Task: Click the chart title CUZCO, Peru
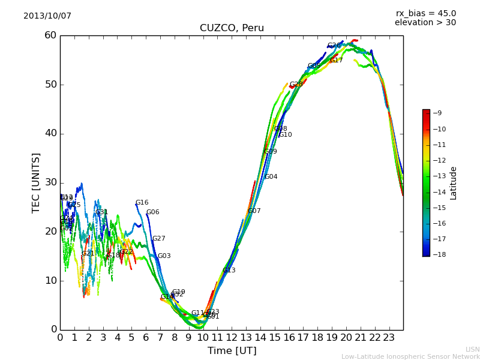[x=232, y=28]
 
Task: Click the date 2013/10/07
[x=47, y=16]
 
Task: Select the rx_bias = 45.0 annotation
[x=425, y=13]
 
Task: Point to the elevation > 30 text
[x=425, y=23]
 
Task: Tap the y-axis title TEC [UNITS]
[x=36, y=182]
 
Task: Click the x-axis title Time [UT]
[x=232, y=351]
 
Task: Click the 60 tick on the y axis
[x=50, y=35]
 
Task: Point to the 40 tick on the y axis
[x=50, y=133]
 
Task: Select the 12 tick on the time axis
[x=232, y=338]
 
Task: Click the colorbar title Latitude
[x=454, y=183]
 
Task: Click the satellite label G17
[x=336, y=61]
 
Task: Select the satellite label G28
[x=296, y=85]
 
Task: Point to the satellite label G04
[x=271, y=177]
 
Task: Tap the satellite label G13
[x=229, y=271]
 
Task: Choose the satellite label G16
[x=142, y=203]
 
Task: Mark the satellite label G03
[x=164, y=256]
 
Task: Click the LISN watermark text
[x=472, y=349]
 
